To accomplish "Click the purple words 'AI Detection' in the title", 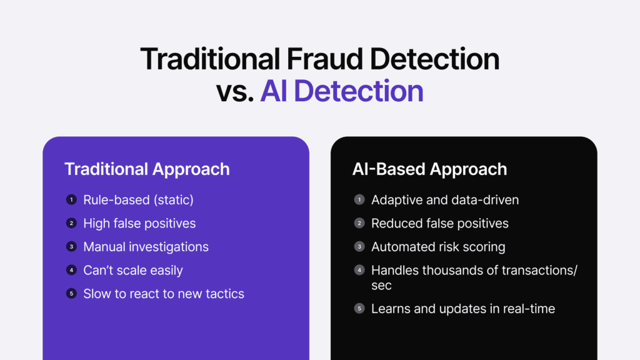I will point(342,91).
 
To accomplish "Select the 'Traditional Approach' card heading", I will point(147,169).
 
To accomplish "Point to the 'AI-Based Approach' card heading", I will point(429,169).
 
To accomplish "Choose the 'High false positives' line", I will point(139,223).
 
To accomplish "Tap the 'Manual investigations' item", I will point(146,247).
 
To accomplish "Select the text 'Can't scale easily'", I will point(133,270).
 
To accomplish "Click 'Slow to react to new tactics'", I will point(164,293).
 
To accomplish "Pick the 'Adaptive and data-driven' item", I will point(445,200).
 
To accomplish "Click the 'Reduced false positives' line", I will point(440,223).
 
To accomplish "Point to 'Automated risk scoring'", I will point(438,247).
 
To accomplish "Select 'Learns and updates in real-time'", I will point(463,308).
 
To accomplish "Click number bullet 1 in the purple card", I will point(71,200).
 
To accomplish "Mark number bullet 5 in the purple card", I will point(71,293).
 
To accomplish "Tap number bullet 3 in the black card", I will point(359,247).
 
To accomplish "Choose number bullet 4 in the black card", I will point(359,270).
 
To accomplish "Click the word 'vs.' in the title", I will point(236,91).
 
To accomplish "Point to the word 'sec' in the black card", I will point(381,285).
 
